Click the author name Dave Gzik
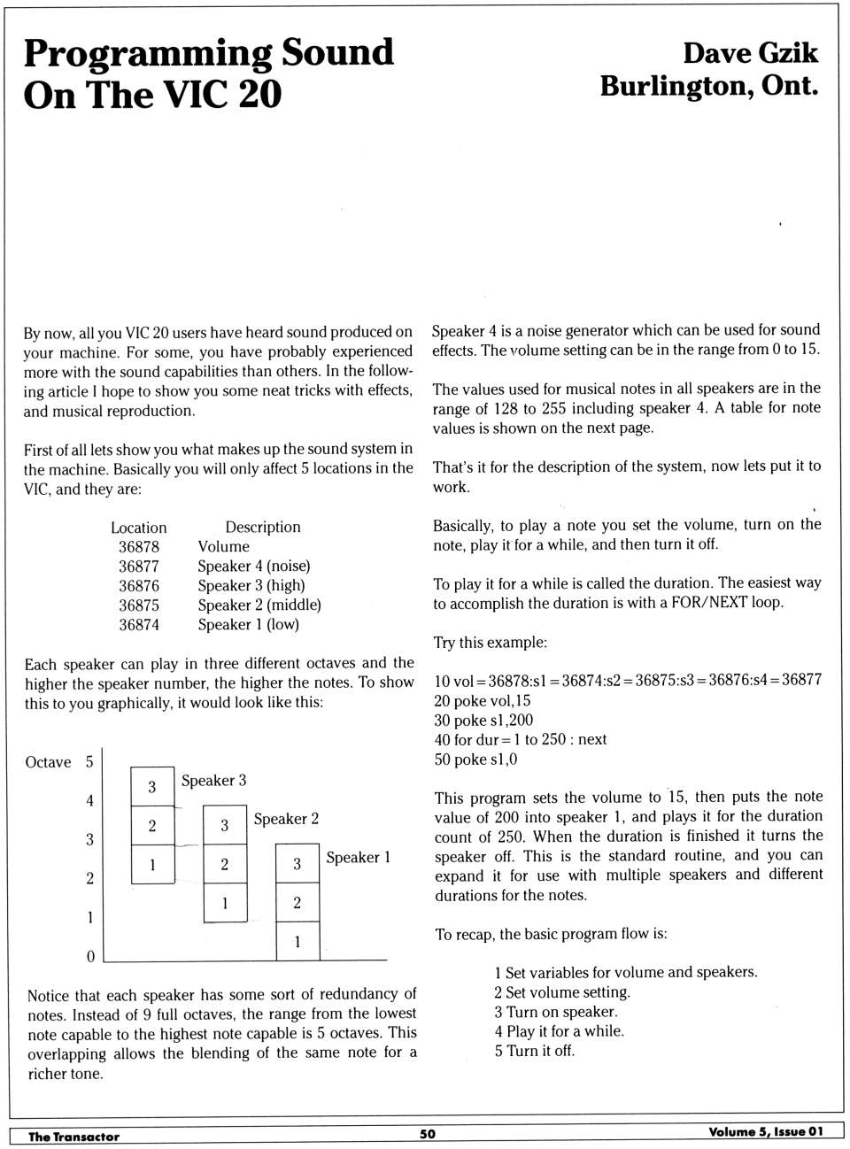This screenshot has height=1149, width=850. point(750,53)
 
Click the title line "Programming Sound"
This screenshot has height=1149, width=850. point(209,53)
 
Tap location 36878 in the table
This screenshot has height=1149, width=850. point(139,547)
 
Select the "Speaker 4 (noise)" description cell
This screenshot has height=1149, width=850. point(254,567)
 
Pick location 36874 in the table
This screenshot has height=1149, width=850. point(139,625)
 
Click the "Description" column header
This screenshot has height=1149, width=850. point(263,528)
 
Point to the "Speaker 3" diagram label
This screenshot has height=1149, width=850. point(214,781)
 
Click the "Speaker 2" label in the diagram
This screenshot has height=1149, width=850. point(286,820)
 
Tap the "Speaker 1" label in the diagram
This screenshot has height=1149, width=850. point(358,858)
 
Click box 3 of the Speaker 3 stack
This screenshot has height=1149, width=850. point(152,787)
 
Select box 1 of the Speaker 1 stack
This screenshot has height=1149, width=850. point(297,942)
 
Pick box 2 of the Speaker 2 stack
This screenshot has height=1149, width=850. point(225,864)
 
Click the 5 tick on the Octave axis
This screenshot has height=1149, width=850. point(89,762)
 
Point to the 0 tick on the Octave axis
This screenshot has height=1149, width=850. point(90,957)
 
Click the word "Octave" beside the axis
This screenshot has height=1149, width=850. point(48,763)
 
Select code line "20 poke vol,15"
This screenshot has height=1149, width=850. point(483,700)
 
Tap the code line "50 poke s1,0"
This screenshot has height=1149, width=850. point(476,760)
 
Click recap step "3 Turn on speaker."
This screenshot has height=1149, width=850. point(556,1012)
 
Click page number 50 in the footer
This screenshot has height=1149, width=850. point(428,1134)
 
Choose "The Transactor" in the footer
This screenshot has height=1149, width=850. point(73,1137)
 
